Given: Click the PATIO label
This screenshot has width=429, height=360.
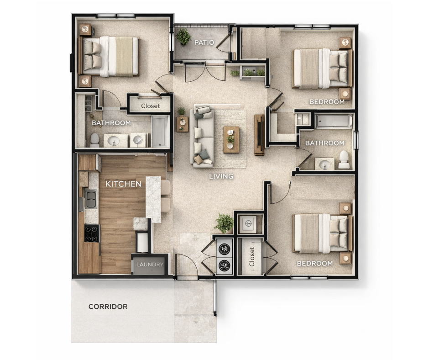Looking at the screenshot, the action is (x=204, y=43).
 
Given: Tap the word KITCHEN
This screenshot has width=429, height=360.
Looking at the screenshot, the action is (x=123, y=184).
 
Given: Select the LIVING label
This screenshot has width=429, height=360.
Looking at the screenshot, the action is (x=221, y=176).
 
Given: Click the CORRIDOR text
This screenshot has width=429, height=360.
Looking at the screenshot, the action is (x=108, y=307).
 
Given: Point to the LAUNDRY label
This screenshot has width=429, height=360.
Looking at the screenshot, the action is (x=150, y=265).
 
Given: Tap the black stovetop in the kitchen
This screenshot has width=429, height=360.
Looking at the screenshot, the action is (x=91, y=233).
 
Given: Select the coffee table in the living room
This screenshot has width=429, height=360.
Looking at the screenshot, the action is (x=231, y=139).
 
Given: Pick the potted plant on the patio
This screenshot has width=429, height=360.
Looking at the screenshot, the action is (x=183, y=37).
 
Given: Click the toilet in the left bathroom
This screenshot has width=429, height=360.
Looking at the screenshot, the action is (x=94, y=140).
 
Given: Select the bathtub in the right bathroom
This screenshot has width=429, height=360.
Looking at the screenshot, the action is (x=334, y=121).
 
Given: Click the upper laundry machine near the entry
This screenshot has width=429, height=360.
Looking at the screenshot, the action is (x=225, y=248).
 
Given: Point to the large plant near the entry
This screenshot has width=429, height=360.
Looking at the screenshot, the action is (x=224, y=223).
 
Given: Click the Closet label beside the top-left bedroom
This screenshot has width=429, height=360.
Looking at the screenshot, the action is (x=151, y=106).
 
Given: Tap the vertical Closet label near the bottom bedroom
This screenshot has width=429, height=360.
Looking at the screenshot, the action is (x=252, y=257).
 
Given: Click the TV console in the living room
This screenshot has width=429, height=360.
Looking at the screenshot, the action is (x=259, y=135).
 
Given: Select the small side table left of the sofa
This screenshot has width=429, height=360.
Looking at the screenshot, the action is (x=182, y=124).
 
